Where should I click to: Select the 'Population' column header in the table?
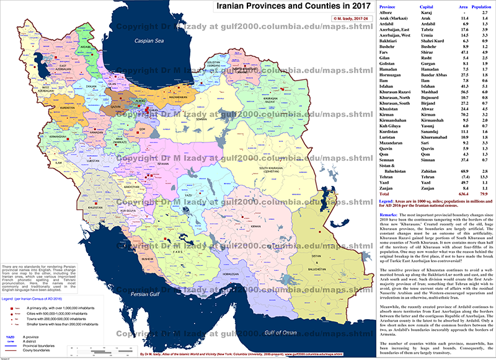[x=481, y=6]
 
